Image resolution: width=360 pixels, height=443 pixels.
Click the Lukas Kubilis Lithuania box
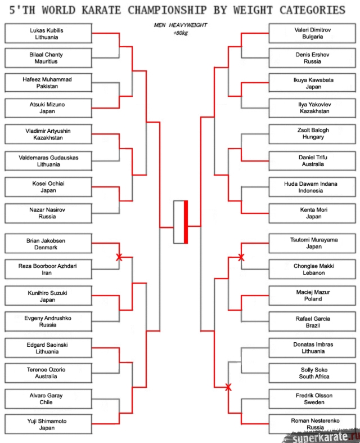coord(47,34)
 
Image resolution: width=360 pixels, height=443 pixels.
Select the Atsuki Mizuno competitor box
coord(47,108)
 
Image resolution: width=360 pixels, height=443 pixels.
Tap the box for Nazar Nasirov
coord(47,213)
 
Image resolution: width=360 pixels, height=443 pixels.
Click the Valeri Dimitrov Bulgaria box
coord(312,33)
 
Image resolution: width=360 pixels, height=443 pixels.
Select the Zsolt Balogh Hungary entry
coord(312,133)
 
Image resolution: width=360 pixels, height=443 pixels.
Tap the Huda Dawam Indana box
coord(312,187)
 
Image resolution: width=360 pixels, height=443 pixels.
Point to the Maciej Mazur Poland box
coord(312,296)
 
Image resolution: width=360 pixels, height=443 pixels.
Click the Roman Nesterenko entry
coord(312,424)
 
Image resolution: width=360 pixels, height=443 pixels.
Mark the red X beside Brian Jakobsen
coord(119,257)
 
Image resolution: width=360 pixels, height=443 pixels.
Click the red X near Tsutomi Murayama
coord(241,257)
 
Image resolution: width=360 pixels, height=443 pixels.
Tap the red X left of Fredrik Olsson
coord(228,387)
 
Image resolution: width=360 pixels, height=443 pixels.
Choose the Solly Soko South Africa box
coord(312,373)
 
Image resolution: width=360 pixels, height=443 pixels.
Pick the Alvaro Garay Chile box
coord(47,399)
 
